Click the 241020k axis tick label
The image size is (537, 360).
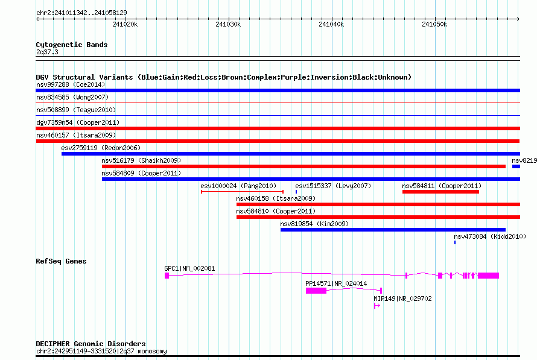125,24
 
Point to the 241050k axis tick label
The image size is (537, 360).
434,24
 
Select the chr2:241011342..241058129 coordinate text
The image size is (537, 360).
81,13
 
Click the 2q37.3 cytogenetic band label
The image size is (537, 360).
47,52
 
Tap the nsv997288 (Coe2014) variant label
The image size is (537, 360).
71,84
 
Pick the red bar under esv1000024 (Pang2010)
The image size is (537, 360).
242,192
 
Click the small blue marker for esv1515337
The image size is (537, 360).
296,192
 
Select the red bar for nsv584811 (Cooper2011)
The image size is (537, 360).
440,192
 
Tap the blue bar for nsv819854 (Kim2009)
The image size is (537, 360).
393,230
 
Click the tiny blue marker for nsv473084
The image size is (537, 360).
455,242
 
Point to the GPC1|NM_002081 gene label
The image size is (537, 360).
189,268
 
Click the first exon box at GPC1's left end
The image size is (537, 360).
167,276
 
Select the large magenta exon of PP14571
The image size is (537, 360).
316,291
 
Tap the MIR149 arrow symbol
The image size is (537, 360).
377,306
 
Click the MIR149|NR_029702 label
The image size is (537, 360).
402,298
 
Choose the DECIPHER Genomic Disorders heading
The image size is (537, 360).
91,344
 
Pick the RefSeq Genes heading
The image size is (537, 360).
61,261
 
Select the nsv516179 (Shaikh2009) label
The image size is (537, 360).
141,160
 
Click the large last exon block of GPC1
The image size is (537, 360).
488,276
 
